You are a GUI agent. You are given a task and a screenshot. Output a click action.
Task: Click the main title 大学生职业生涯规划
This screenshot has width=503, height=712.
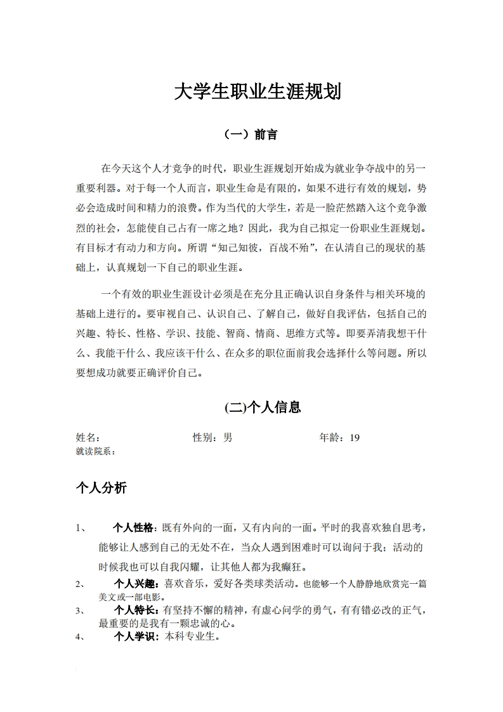coord(258,93)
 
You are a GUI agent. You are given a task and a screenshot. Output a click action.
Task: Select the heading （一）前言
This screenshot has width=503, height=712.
coord(251,135)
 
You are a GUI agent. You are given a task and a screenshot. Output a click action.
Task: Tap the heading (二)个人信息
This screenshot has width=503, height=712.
coord(263,407)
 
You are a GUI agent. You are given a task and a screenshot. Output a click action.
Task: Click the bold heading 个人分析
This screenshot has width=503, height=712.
coord(101,487)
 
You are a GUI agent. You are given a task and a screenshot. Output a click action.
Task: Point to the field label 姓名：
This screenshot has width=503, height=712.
coord(88,437)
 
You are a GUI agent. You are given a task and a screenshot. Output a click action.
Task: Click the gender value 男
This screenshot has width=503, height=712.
coord(228,437)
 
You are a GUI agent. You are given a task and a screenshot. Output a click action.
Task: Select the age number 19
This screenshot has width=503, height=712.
coord(355,437)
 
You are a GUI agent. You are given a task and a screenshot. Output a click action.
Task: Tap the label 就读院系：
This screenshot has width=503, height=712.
coord(96,451)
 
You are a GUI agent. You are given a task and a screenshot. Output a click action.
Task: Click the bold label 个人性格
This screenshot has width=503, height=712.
coord(133,528)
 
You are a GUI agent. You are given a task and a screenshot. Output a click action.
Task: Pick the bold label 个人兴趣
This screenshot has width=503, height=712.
coord(134,584)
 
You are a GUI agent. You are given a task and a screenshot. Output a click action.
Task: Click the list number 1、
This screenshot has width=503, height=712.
coord(81,528)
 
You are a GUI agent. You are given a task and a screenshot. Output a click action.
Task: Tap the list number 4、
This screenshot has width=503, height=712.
coord(81,637)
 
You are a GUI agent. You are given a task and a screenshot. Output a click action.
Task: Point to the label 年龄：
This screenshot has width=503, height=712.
coord(334,437)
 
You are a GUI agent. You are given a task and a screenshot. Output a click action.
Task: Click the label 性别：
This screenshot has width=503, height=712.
coord(207,437)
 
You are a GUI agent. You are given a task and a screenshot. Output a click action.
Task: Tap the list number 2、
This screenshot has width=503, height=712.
coord(81,584)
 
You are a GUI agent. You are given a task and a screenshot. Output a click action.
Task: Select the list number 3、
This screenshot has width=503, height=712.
coord(81,611)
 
